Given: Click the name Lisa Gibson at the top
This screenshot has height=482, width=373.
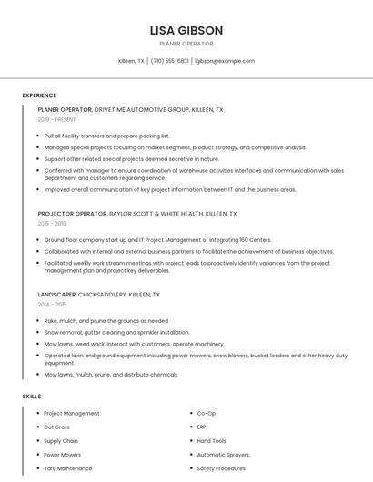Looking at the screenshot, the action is point(186,30).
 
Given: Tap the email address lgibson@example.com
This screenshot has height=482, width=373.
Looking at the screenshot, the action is point(224,61).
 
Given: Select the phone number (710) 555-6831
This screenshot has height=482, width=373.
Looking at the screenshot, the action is point(170,61).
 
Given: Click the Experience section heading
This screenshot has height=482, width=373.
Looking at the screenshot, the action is point(39,95).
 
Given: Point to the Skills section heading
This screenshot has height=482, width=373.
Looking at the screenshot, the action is point(32,397).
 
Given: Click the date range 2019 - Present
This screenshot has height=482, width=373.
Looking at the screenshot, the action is point(57,119).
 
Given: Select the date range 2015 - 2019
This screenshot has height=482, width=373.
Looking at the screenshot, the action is point(52,223).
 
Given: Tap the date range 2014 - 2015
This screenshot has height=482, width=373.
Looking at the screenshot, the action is point(52,305).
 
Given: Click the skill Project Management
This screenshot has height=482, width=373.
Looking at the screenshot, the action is point(72,414).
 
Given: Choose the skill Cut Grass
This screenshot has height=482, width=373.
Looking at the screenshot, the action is point(56,427).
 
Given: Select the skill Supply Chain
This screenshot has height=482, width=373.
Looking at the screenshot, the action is point(61,441).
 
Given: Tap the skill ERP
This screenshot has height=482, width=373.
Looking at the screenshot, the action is point(202,427).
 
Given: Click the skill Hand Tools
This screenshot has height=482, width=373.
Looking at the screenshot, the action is point(211,441).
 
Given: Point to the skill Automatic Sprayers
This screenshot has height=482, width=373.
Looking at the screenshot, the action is point(223,455).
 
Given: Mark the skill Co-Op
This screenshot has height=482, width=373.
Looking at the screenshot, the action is point(207,414).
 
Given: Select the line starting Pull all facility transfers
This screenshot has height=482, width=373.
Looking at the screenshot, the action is point(106,136).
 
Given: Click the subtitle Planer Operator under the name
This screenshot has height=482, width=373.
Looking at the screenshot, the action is point(186,44).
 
